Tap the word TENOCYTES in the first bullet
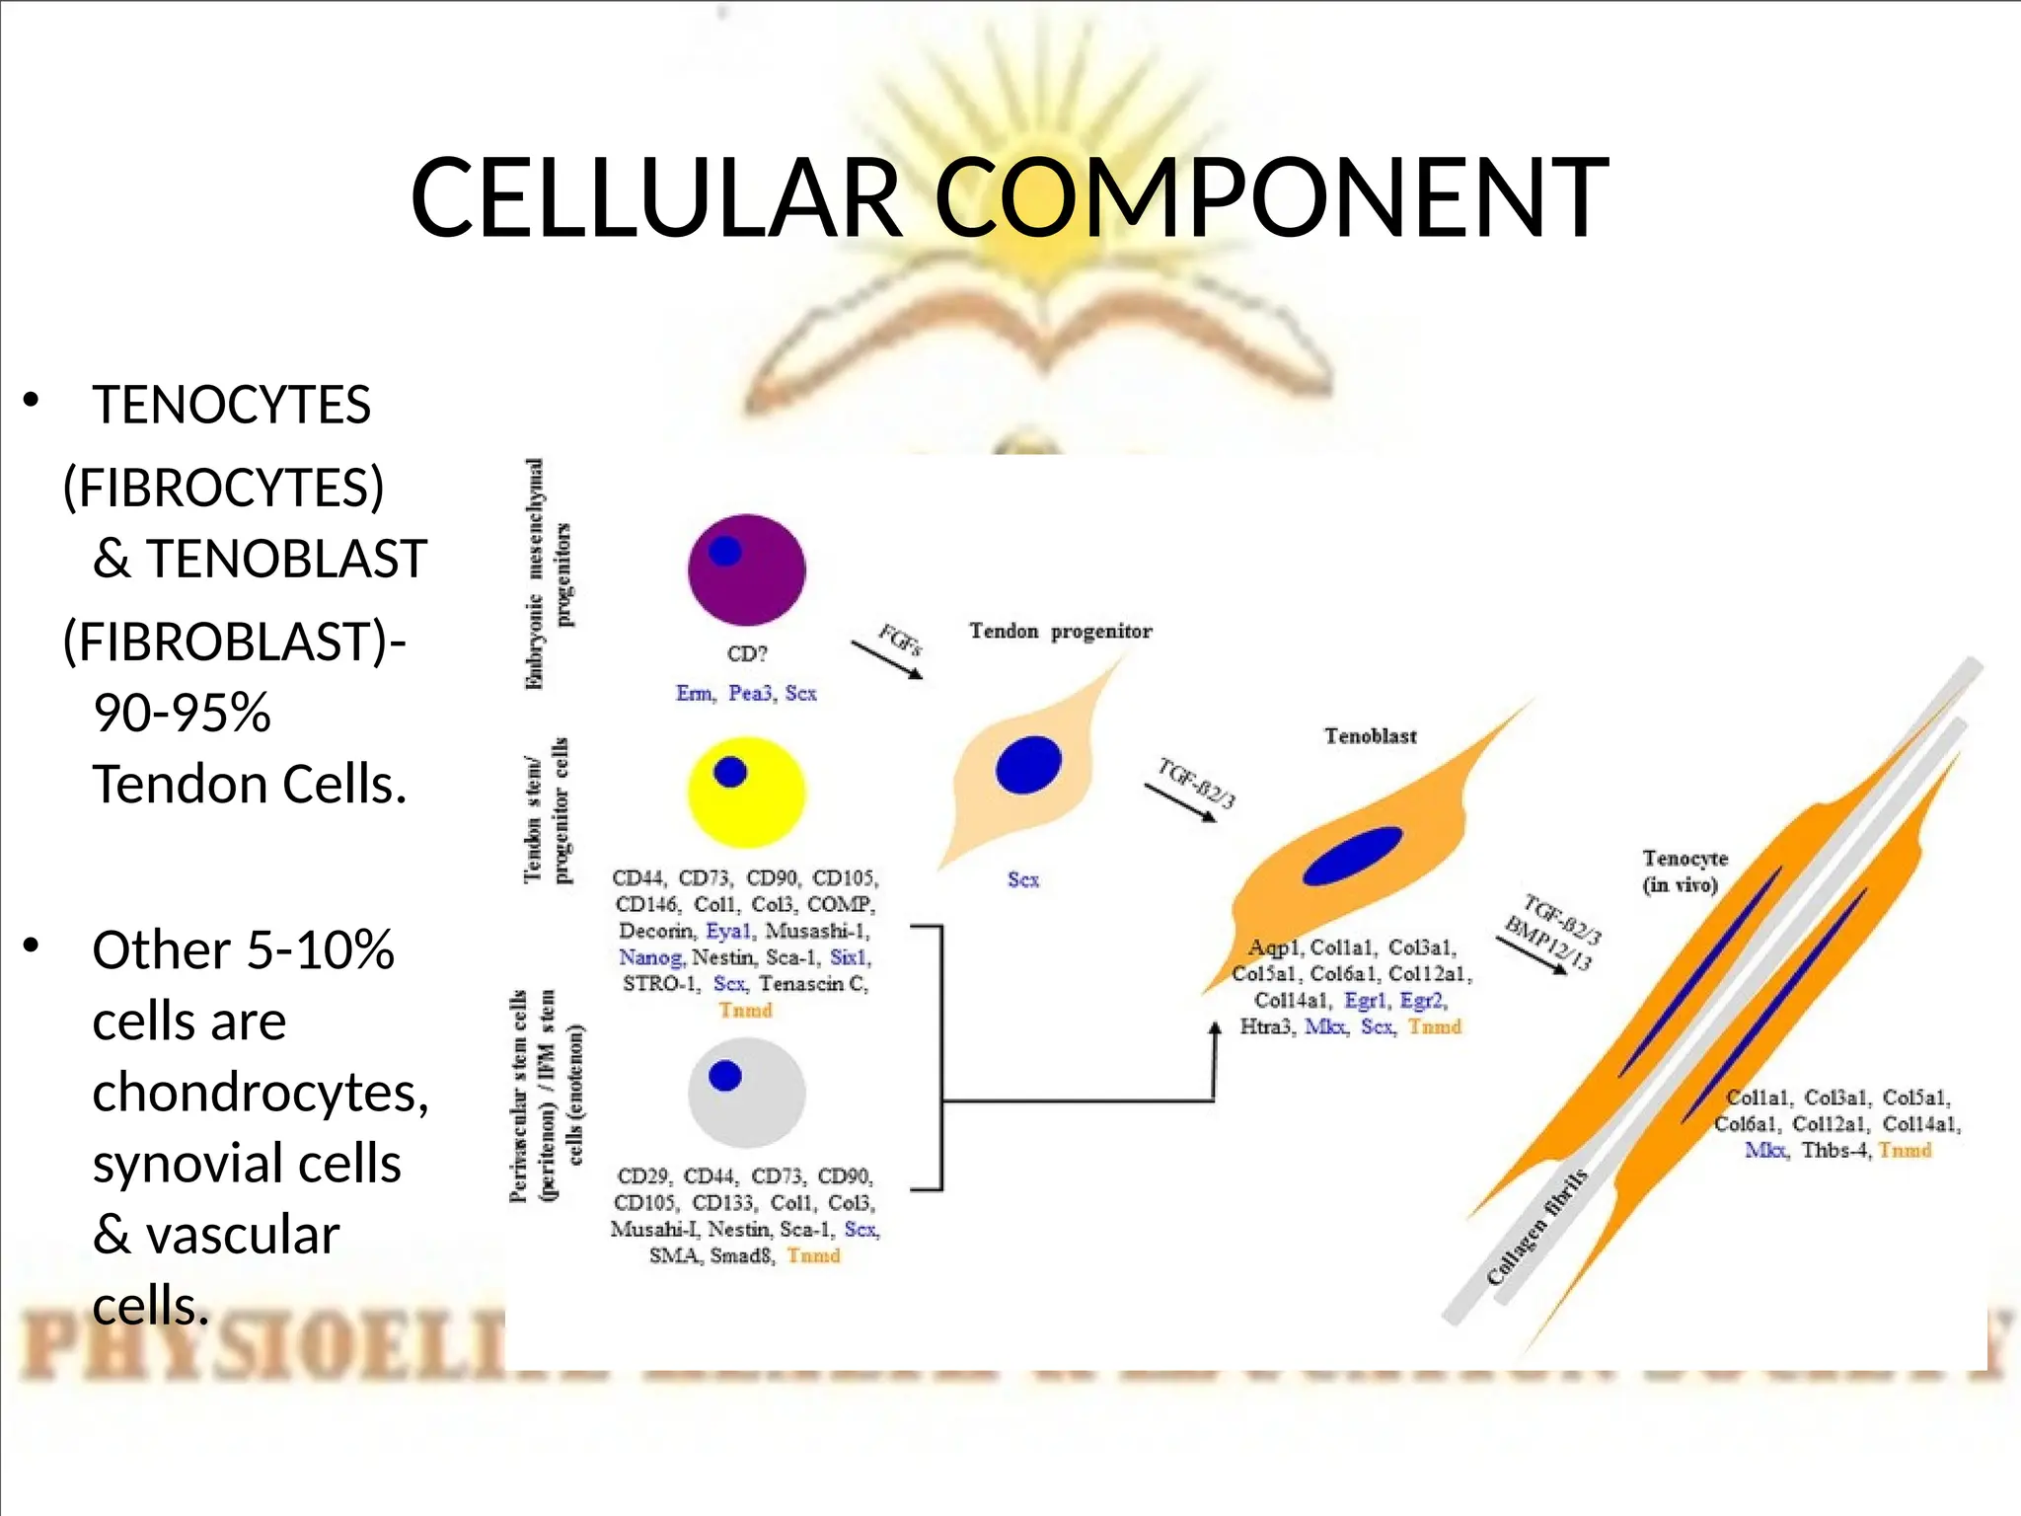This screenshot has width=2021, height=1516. click(x=231, y=405)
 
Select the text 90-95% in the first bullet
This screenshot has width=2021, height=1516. click(x=182, y=713)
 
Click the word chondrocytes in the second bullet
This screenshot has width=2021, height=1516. click(x=261, y=1093)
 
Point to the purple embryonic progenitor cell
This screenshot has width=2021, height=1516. click(x=747, y=570)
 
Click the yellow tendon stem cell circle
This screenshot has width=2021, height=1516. click(x=747, y=793)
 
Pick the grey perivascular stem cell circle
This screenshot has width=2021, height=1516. click(x=747, y=1092)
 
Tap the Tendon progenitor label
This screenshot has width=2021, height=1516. click(x=1060, y=631)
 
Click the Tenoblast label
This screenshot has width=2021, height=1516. click(x=1370, y=735)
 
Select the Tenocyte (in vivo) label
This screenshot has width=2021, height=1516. click(x=1684, y=871)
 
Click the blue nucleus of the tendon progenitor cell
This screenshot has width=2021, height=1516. click(x=1028, y=765)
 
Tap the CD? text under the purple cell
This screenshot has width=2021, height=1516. click(x=747, y=653)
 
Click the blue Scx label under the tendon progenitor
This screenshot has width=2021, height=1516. click(x=1023, y=879)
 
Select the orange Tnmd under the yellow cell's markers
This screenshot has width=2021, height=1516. click(x=745, y=1010)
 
